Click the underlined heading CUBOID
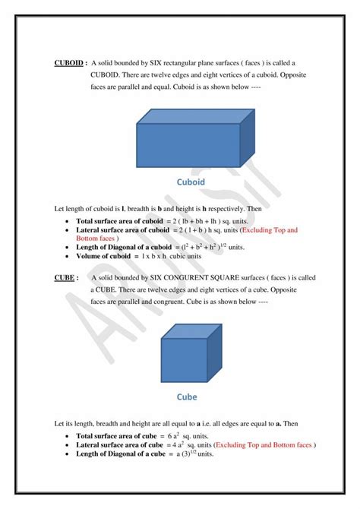70,63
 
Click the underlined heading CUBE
65,278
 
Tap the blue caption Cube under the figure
187,397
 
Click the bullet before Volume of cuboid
69,257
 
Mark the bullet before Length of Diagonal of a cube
69,454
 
